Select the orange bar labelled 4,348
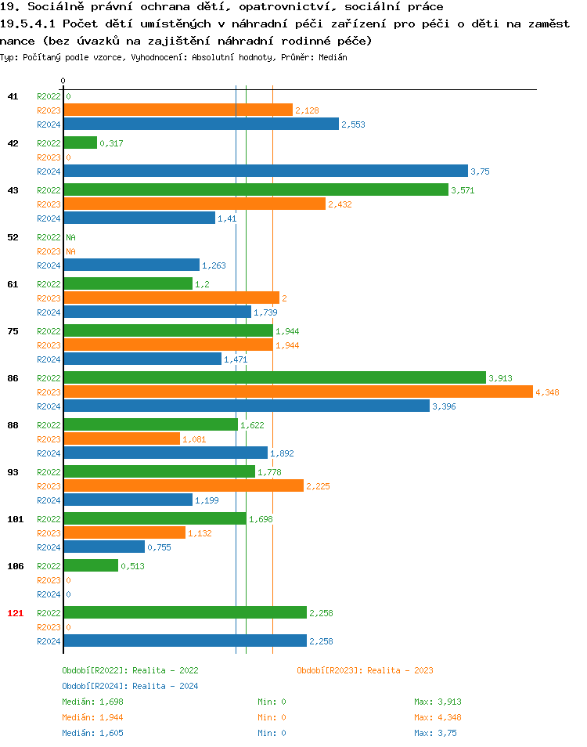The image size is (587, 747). [297, 392]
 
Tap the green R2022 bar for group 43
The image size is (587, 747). [255, 189]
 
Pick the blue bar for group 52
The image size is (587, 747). [131, 265]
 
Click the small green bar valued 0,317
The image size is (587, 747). [80, 143]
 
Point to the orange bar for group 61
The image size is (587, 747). [171, 298]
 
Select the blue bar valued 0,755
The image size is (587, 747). [103, 547]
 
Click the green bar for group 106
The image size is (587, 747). [90, 565]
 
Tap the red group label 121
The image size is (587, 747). [15, 612]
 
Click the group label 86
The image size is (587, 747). [13, 377]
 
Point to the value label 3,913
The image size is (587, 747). [499, 378]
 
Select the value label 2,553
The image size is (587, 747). [353, 125]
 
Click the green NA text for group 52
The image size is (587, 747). [70, 236]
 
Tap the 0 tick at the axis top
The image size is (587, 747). [63, 81]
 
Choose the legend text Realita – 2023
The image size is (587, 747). [400, 670]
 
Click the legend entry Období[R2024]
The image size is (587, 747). [95, 686]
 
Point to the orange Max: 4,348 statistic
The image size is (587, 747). [435, 717]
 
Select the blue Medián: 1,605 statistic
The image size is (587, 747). [92, 733]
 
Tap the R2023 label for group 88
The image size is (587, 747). [49, 439]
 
